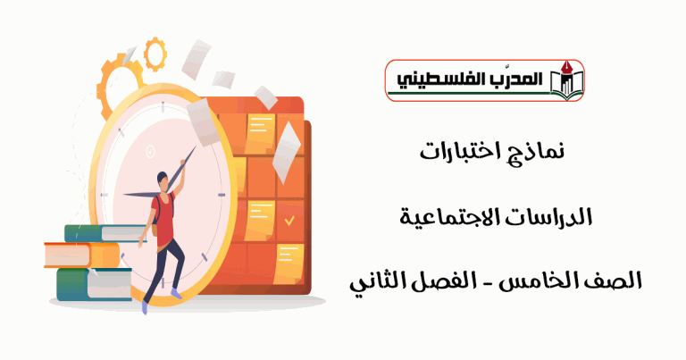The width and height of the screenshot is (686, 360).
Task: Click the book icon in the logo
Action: point(567,81)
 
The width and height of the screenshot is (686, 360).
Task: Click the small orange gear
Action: point(155,54)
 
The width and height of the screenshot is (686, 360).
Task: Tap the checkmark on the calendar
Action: point(289,220)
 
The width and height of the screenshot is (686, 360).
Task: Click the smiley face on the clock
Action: point(150,151)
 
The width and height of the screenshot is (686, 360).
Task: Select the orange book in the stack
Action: point(82,255)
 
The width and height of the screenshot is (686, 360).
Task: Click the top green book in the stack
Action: point(105,233)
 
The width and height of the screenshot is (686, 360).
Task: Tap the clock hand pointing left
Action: point(142,195)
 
